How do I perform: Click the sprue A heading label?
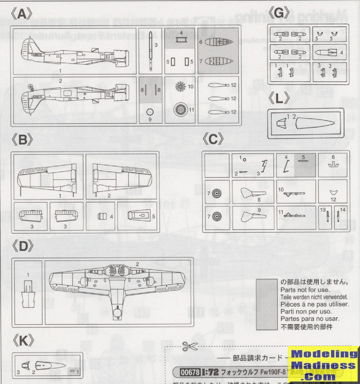click(x=22, y=15)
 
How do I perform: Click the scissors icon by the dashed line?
click(x=190, y=346)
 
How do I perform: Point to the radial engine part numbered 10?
click(x=181, y=86)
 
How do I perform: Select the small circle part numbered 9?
click(x=150, y=111)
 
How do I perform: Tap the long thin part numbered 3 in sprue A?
click(x=149, y=51)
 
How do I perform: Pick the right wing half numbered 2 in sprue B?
click(x=120, y=177)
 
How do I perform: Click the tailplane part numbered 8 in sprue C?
click(x=254, y=194)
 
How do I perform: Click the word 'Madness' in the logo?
click(x=323, y=365)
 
